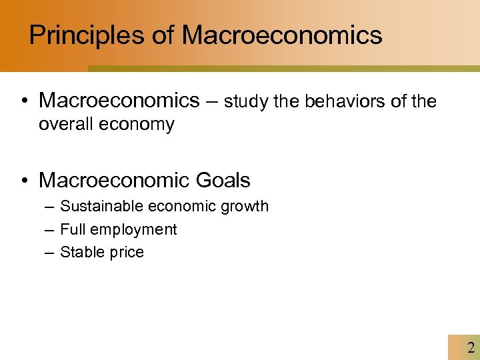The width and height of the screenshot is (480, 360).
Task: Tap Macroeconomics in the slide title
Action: (282, 35)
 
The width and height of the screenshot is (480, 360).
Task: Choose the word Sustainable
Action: (101, 207)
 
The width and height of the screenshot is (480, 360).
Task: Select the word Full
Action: (73, 229)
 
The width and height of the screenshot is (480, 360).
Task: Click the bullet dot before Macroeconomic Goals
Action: (24, 181)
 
